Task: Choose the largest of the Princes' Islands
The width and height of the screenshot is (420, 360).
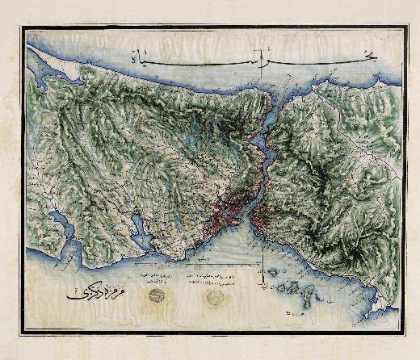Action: click(303, 287)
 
